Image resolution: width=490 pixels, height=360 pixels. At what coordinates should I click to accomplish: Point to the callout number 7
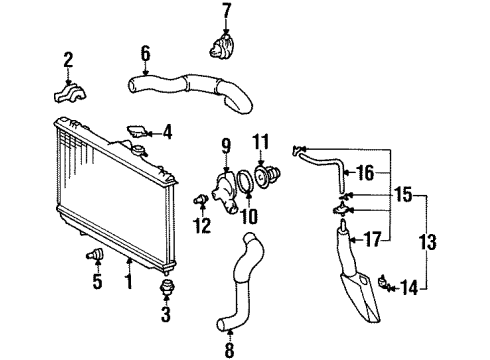pos(225,12)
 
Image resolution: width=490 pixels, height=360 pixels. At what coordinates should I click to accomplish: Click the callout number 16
pos(367,172)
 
